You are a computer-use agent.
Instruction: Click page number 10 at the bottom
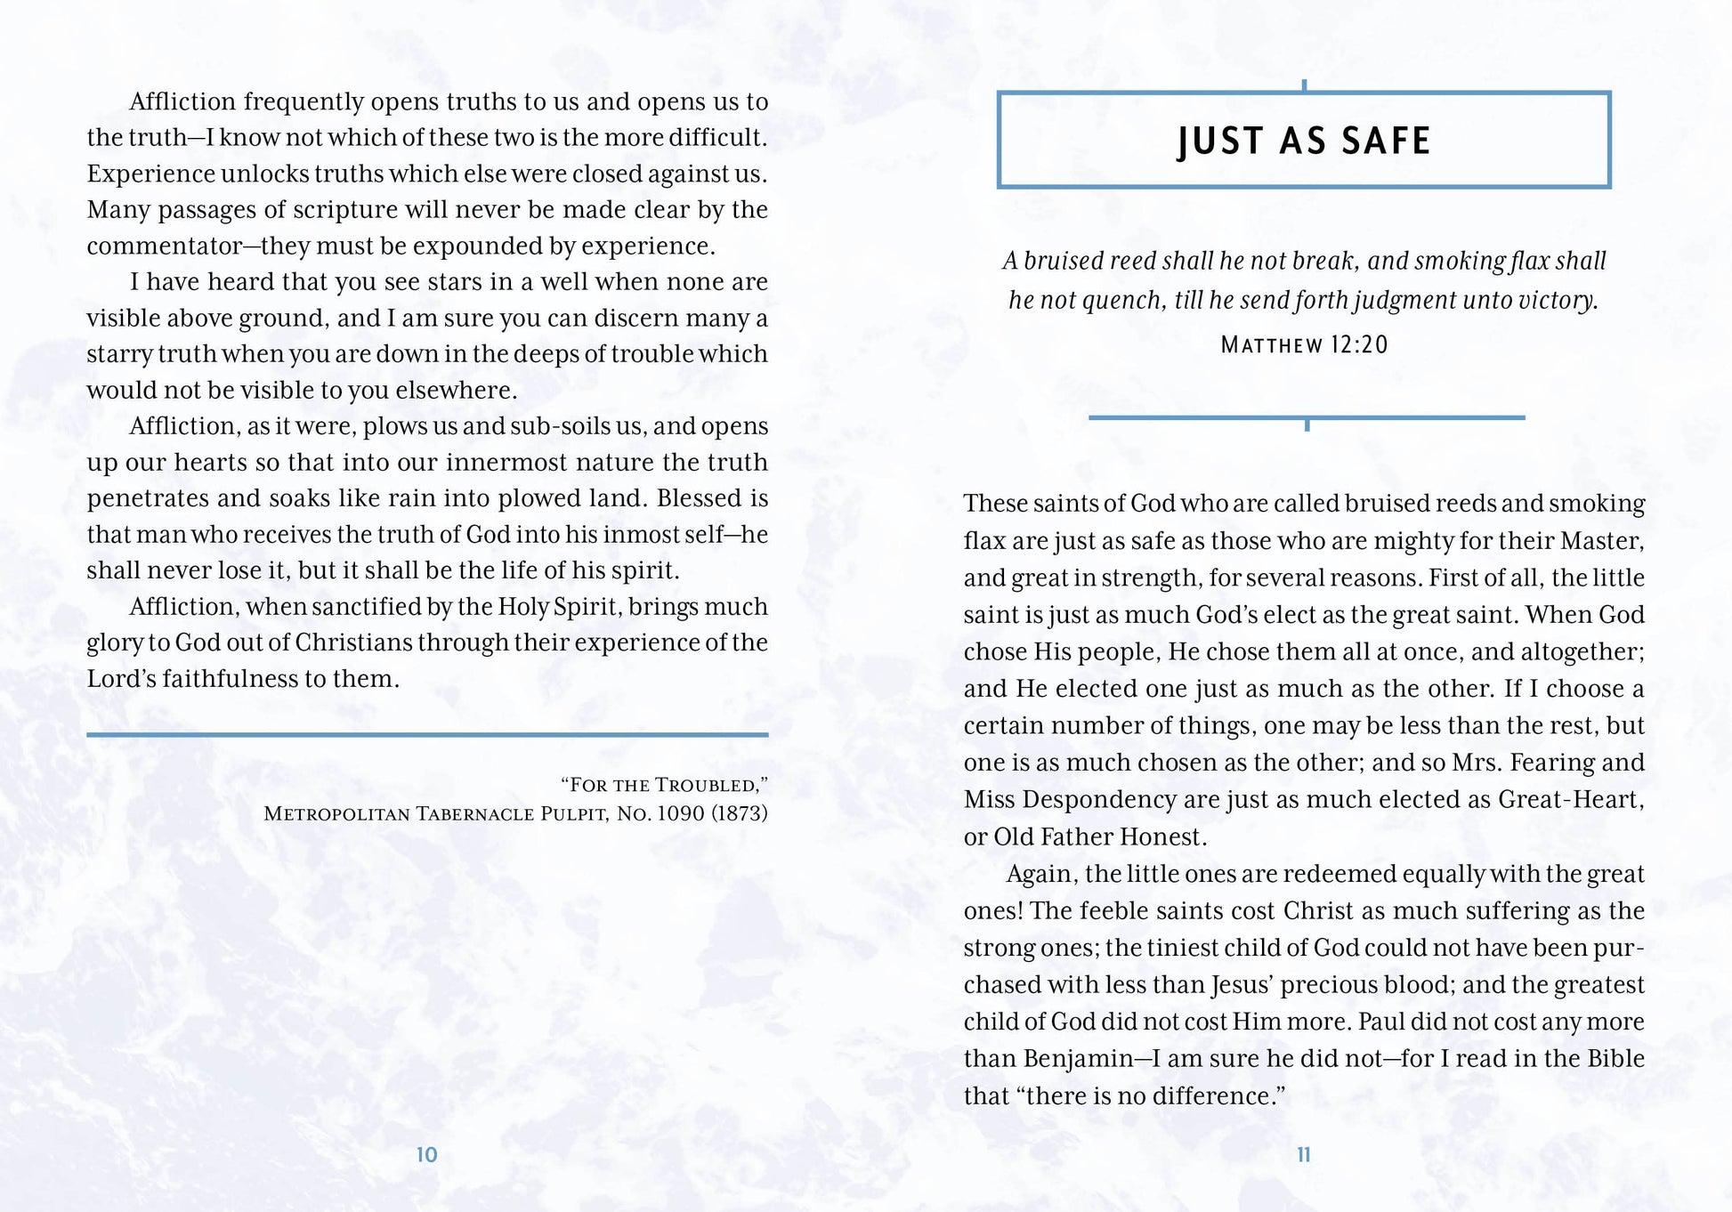tap(427, 1155)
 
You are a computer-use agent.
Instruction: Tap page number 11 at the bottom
tap(1304, 1155)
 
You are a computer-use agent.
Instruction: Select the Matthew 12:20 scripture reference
tap(1304, 345)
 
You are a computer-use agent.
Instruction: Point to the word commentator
tap(165, 246)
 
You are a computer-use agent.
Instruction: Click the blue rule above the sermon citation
tap(427, 735)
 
